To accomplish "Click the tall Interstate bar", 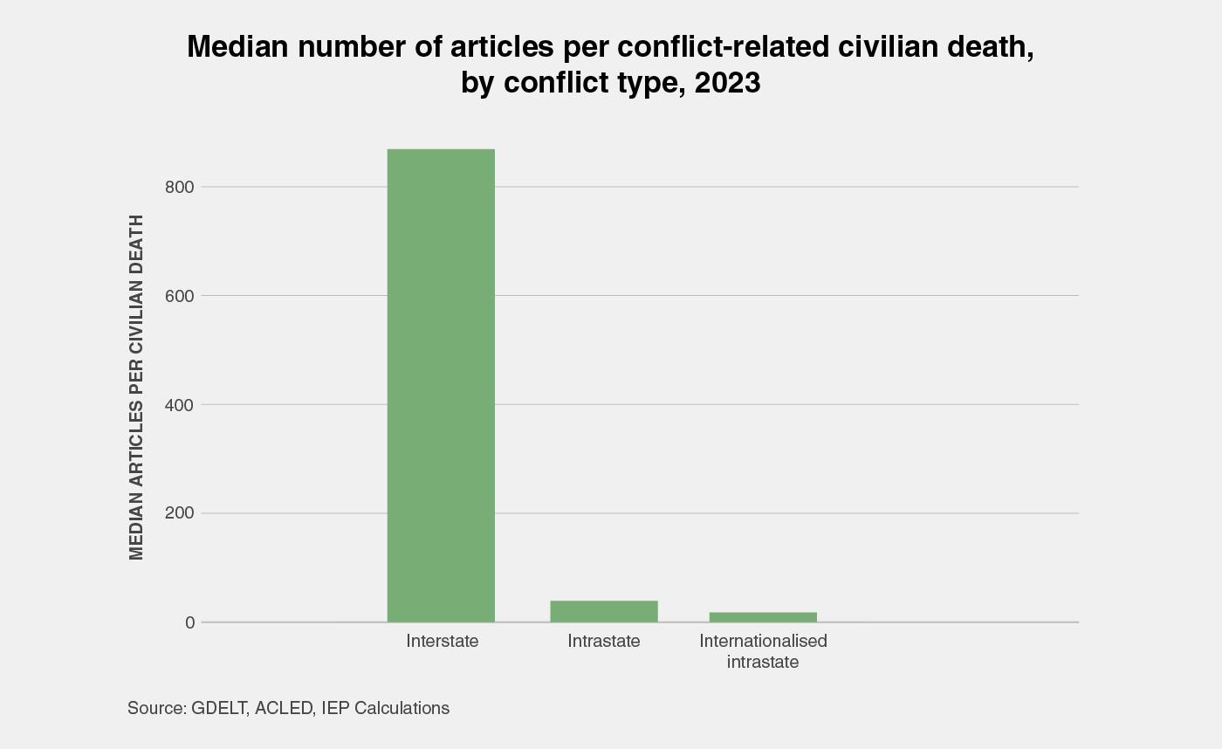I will pos(441,385).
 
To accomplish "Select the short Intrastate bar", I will pos(604,611).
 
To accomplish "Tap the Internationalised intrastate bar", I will pos(763,616).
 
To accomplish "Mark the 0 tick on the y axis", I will pos(189,622).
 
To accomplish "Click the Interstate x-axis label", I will pos(443,642).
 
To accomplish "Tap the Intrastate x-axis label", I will pos(604,642).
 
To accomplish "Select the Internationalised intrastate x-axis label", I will pos(763,651).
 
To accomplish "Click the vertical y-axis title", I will pos(136,387).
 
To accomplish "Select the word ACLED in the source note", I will pos(285,708).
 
